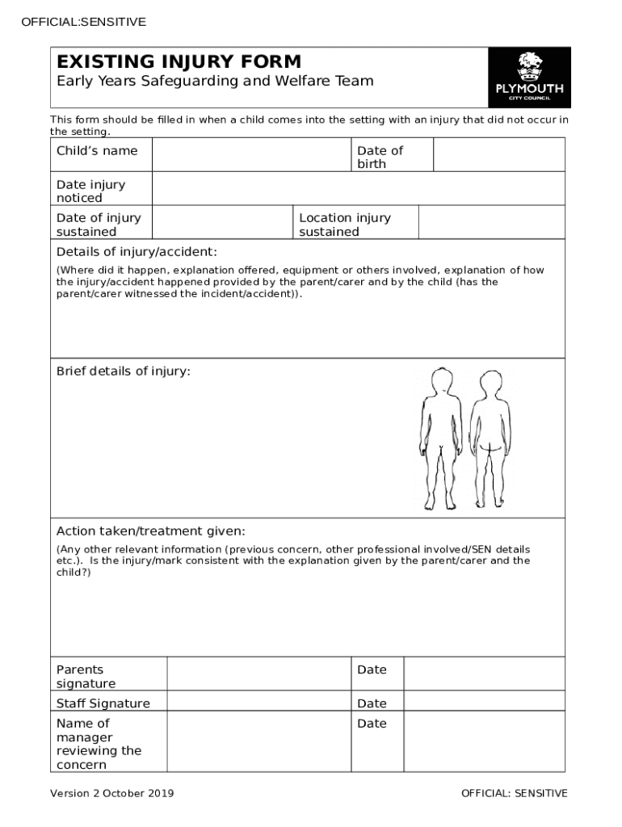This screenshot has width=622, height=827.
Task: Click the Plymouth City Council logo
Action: click(x=529, y=78)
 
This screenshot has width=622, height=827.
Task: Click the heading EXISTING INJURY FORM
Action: click(x=179, y=61)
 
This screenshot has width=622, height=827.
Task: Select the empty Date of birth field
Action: click(x=498, y=154)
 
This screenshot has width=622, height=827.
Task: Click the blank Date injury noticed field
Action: click(x=358, y=189)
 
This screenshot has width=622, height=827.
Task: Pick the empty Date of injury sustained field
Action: click(x=222, y=223)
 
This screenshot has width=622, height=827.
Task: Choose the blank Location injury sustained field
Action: click(x=491, y=223)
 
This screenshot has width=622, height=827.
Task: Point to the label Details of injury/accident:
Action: click(x=137, y=251)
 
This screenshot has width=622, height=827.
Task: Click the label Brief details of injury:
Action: click(x=124, y=372)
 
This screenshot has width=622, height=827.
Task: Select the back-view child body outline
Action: click(x=491, y=440)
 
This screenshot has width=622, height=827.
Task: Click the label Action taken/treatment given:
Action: click(x=151, y=531)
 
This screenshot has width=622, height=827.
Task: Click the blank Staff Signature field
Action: click(x=258, y=701)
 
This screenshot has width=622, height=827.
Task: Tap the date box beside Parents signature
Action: click(x=483, y=674)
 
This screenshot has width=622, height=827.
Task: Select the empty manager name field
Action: click(x=258, y=741)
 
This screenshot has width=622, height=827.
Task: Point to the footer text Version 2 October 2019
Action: click(x=112, y=793)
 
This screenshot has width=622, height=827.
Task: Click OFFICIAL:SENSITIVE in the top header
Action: click(x=84, y=22)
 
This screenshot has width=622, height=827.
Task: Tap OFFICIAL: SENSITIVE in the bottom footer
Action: click(x=514, y=793)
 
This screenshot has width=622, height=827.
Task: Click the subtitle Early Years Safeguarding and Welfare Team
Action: click(x=215, y=81)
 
